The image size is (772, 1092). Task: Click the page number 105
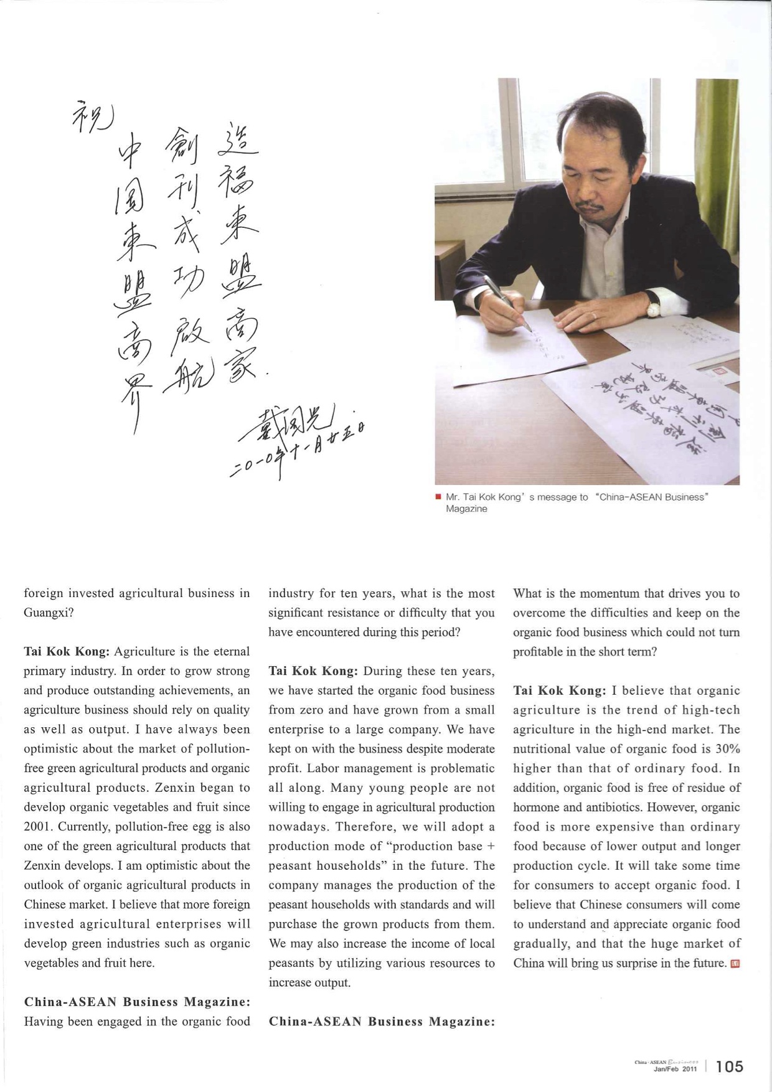pyautogui.click(x=730, y=1066)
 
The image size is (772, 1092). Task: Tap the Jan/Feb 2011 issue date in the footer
pyautogui.click(x=675, y=1069)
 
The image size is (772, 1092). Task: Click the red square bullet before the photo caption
pyautogui.click(x=438, y=497)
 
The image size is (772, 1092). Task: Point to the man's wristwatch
pyautogui.click(x=653, y=306)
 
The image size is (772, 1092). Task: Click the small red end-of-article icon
pyautogui.click(x=735, y=964)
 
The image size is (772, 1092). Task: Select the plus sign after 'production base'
pyautogui.click(x=491, y=846)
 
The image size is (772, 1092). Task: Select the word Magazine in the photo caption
pyautogui.click(x=466, y=509)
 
